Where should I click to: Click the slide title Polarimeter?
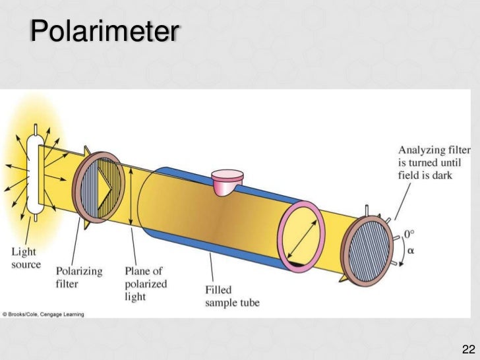pos(103,31)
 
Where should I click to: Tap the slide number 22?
pos(469,348)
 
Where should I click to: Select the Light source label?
pos(26,258)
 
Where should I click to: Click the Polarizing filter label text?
pos(72,277)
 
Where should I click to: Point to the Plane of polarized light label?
pos(146,284)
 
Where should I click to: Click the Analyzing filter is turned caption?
pos(434,162)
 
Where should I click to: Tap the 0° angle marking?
pos(409,233)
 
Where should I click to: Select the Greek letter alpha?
pos(409,251)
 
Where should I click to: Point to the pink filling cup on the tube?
pos(227,179)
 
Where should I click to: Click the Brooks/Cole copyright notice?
pos(43,315)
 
